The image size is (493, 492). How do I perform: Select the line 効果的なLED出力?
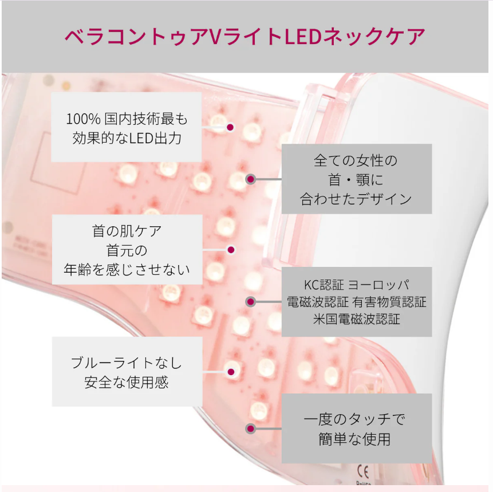point(127,138)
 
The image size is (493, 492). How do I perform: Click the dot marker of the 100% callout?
point(230,128)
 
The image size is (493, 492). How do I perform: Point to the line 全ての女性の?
point(356,160)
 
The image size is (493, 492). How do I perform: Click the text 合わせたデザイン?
point(356,199)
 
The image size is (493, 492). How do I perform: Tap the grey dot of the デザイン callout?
point(250,179)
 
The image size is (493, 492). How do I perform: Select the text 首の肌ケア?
point(127,231)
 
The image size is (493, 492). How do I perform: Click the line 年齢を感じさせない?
point(127,269)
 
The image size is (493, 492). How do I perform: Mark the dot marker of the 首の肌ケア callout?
point(231,250)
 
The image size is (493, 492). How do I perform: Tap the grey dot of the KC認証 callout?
point(250,301)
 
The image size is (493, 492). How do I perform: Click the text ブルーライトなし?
point(127,363)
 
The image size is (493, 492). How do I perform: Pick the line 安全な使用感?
point(127,382)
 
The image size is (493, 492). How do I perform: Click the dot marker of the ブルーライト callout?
point(231,372)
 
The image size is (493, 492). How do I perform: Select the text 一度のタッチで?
point(356,419)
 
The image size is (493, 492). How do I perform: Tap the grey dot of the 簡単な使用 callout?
point(250,428)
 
